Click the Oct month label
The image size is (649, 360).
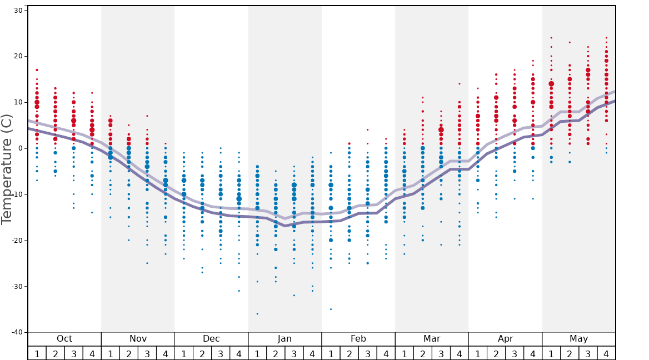coord(64,339)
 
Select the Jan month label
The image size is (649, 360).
coord(284,339)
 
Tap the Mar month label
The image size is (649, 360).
coord(432,339)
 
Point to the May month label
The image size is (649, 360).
coord(578,339)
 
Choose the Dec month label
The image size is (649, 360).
coord(211,339)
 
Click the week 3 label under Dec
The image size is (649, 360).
coord(221,353)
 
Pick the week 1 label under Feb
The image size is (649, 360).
coord(331,353)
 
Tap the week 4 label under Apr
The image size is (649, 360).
coord(533,353)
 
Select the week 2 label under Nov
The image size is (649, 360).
coord(129,353)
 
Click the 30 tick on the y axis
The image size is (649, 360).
coord(17,11)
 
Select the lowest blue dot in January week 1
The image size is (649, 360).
coord(257,314)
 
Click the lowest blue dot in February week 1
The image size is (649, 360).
coord(331,309)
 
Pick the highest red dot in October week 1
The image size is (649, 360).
coord(37,70)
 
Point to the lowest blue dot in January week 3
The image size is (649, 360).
coord(294,296)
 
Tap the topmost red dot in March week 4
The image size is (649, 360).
coord(460,84)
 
